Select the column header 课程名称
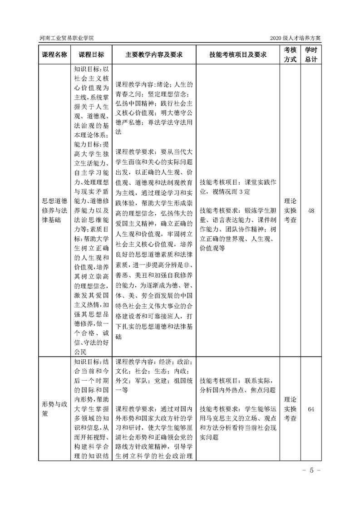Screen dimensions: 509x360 [55, 54]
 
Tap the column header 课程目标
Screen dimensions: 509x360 [91, 54]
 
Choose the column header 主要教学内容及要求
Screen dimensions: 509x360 [154, 54]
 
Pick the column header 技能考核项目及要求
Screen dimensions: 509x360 [238, 54]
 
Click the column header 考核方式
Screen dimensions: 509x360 [291, 54]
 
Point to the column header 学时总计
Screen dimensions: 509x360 [311, 54]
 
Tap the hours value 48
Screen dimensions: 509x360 [311, 210]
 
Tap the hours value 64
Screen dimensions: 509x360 [311, 409]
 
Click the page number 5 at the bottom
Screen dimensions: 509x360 [312, 470]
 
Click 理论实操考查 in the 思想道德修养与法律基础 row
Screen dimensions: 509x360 [291, 210]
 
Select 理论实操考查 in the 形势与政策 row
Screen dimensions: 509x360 [291, 409]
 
